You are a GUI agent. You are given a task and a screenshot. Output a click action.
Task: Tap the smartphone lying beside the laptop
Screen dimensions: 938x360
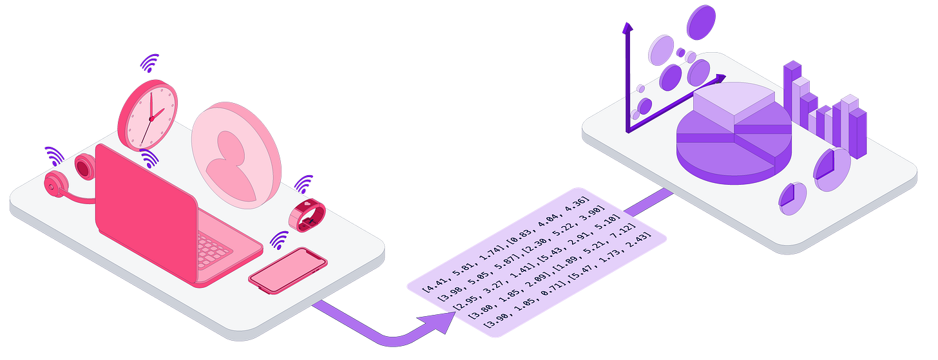coord(288,270)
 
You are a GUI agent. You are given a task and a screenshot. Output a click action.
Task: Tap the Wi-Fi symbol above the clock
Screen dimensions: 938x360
coord(150,63)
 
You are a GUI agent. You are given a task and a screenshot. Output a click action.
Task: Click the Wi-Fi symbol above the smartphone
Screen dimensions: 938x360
coord(278,241)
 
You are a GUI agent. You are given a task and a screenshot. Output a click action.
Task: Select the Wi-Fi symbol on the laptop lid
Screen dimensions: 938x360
coord(149,158)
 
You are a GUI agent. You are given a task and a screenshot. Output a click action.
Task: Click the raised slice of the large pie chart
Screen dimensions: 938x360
coord(734,103)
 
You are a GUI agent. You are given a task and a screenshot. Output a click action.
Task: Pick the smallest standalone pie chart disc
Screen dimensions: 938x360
coord(792,196)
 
